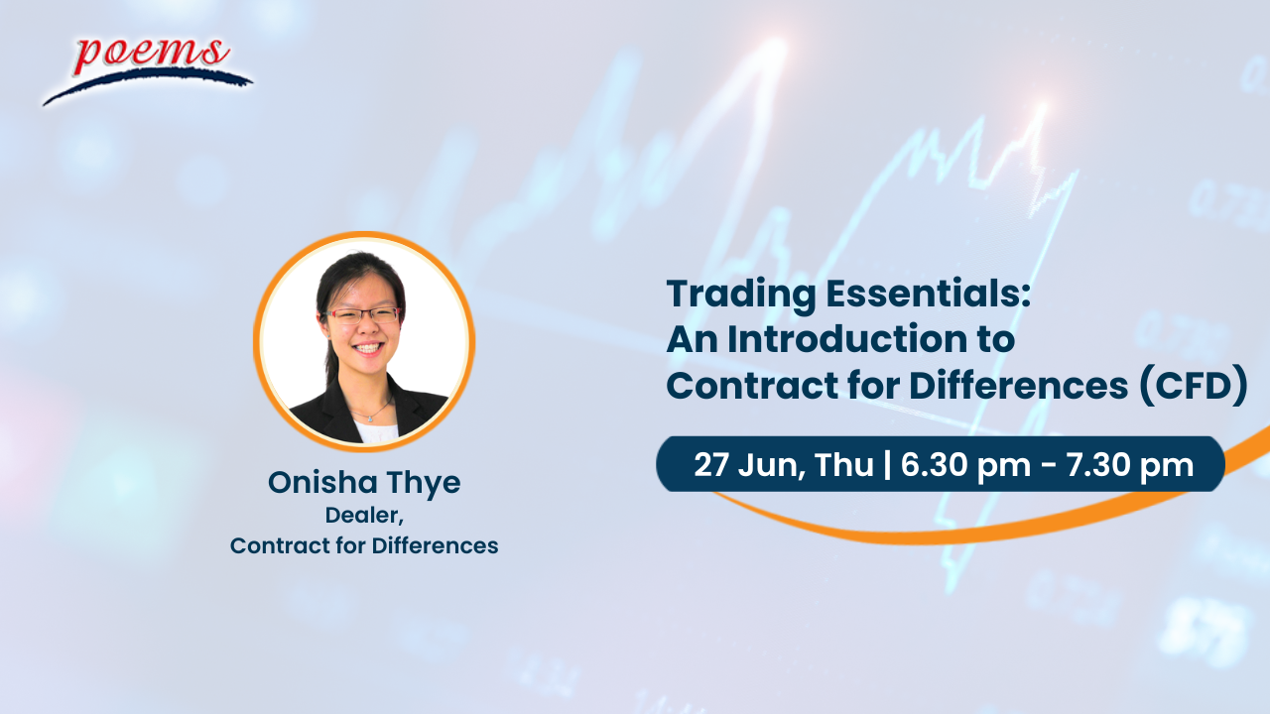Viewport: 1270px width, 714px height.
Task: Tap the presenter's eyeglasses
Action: coord(363,315)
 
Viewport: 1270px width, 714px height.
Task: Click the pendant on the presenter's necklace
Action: coord(371,418)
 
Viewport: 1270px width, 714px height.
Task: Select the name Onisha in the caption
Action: coord(322,482)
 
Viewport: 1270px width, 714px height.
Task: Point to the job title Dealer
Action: coord(364,516)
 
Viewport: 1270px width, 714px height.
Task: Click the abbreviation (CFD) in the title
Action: coord(1193,386)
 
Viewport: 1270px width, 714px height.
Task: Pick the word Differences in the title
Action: coord(1018,386)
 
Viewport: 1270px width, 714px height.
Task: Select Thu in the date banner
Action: coord(844,465)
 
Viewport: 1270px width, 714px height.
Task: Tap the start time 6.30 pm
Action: coord(965,466)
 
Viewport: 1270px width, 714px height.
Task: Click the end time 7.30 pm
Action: coord(1130,466)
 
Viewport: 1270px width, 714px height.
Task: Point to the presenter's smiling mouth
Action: coord(367,348)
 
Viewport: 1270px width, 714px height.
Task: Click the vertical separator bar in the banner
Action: coord(887,465)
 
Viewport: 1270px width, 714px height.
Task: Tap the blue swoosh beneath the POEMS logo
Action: coord(148,84)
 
